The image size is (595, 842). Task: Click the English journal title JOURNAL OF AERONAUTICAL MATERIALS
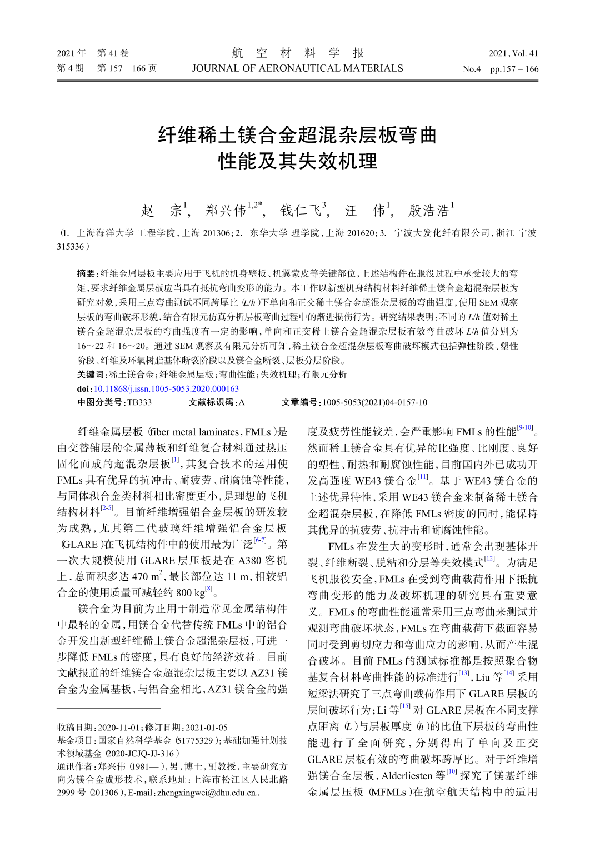point(297,68)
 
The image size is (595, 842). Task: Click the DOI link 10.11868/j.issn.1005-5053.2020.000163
point(166,389)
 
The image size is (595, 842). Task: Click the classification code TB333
point(139,402)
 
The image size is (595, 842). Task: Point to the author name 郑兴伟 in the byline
point(225,211)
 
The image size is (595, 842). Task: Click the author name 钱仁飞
point(300,211)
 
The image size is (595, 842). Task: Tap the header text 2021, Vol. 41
point(513,53)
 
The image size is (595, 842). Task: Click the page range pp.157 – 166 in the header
point(514,69)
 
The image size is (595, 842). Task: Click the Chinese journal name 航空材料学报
point(298,53)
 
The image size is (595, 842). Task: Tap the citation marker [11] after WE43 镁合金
point(423,477)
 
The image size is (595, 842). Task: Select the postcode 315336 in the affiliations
point(70,246)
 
